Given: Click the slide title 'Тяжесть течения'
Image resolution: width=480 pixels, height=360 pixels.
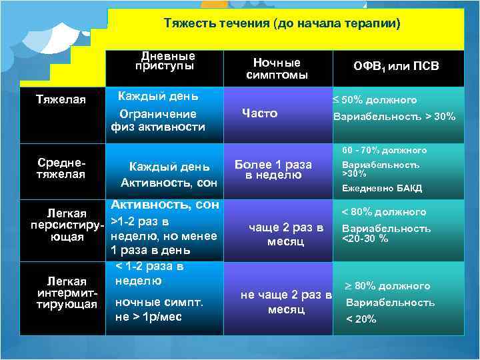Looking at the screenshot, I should tap(282, 25).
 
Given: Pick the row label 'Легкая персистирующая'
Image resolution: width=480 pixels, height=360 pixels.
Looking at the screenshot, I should tap(66, 225).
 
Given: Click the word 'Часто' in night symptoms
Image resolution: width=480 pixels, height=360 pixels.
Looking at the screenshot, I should tap(260, 113).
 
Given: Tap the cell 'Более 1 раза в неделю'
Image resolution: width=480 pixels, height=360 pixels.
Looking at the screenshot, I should tap(273, 169).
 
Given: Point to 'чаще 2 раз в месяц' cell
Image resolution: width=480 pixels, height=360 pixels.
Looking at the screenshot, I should tap(285, 234).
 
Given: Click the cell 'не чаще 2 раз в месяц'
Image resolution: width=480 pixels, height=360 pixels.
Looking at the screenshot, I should tap(286, 302).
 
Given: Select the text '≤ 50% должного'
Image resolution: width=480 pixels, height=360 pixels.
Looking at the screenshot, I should tap(375, 100).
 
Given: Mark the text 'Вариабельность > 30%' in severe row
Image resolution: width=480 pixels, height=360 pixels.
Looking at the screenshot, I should tap(395, 117).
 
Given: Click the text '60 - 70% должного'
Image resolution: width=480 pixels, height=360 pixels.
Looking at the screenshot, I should tap(385, 150).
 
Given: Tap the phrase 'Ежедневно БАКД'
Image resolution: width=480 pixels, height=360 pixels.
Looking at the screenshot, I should tap(381, 188).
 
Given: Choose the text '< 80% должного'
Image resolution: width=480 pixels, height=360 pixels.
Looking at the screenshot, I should tap(383, 212).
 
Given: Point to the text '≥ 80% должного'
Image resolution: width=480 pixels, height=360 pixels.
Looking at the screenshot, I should tap(387, 286).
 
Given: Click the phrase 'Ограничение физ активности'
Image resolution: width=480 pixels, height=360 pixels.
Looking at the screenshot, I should tap(158, 120).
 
